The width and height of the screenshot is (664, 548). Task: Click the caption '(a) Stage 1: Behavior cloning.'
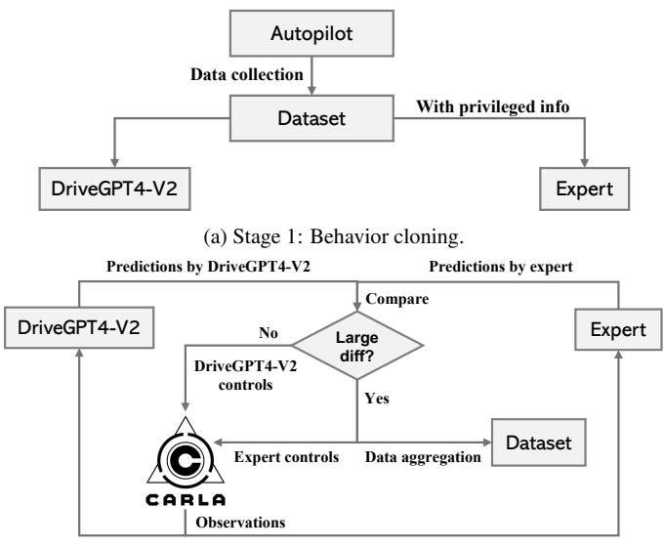[x=332, y=232]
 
